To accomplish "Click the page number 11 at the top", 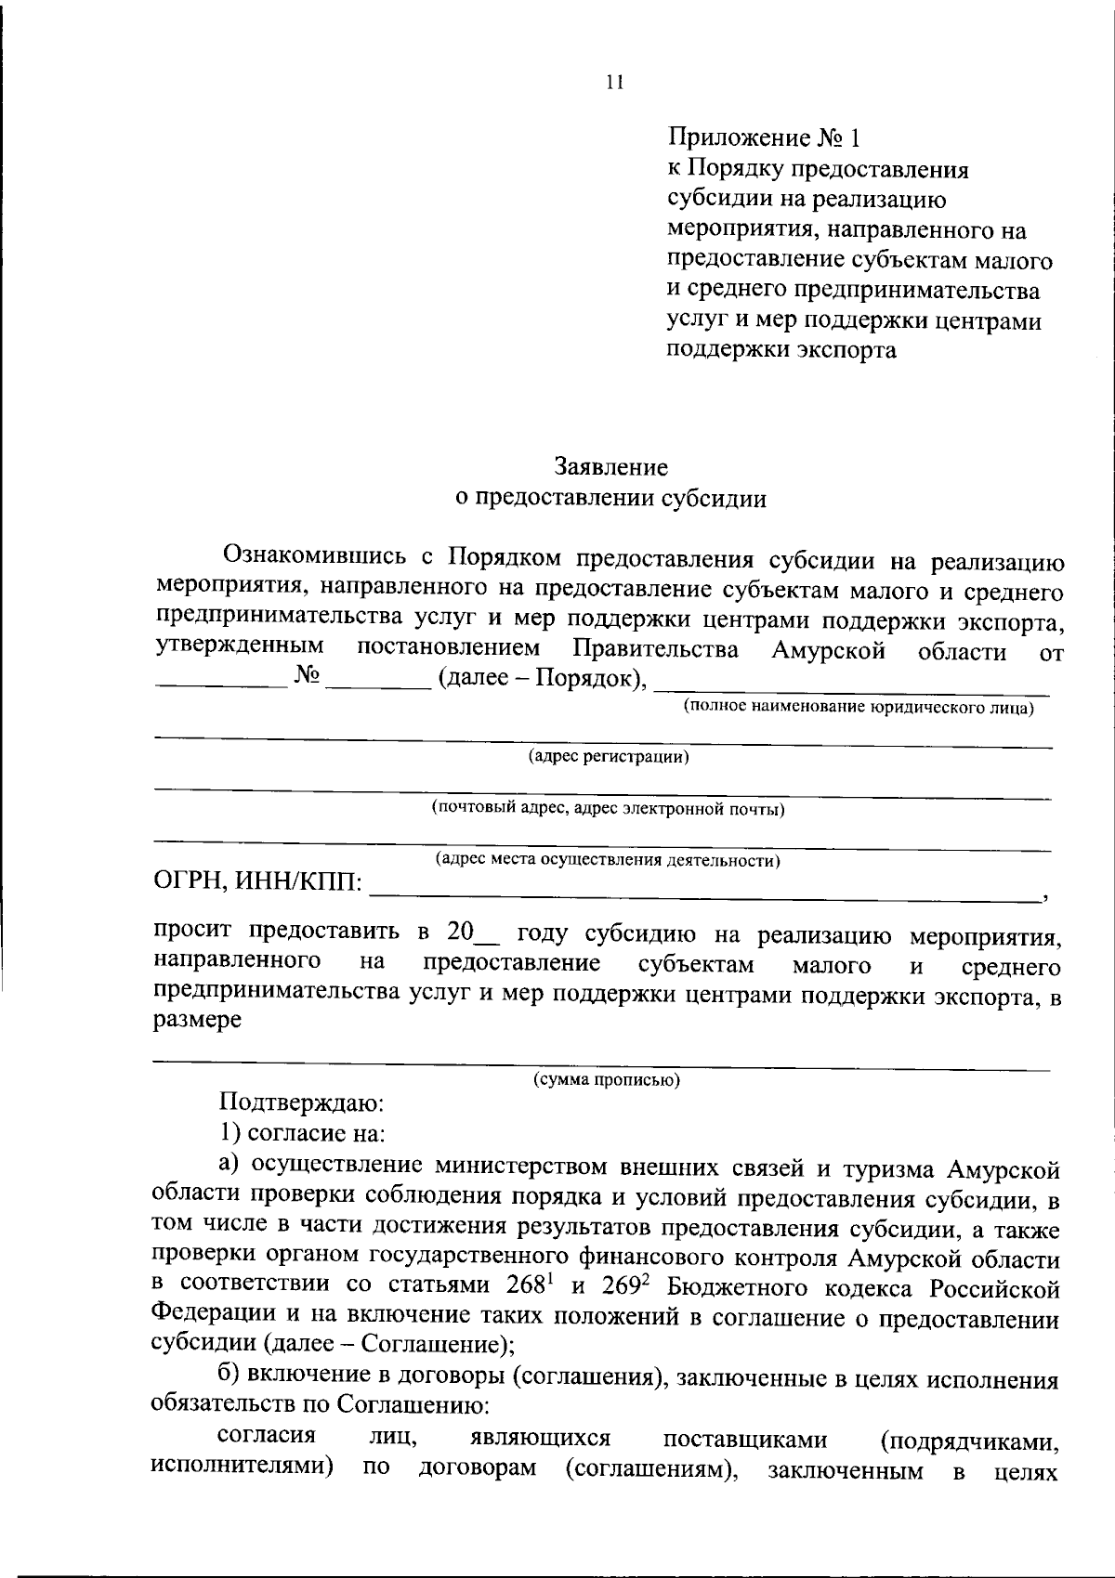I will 613,82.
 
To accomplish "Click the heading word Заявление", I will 610,465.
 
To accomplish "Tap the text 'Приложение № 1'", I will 764,138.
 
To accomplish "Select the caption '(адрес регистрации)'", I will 609,757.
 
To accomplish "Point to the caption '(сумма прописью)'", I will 606,1079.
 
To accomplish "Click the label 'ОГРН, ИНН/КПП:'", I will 257,880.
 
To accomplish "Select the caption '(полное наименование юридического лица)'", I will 859,708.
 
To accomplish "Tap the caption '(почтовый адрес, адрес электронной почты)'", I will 608,808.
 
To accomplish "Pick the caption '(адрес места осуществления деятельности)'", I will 608,860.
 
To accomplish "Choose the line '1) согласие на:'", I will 303,1133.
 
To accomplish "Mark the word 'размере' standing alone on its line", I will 197,1019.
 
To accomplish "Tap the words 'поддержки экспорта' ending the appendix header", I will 782,350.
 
